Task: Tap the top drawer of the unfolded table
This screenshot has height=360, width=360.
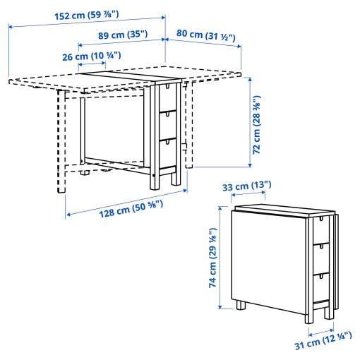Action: point(167,98)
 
